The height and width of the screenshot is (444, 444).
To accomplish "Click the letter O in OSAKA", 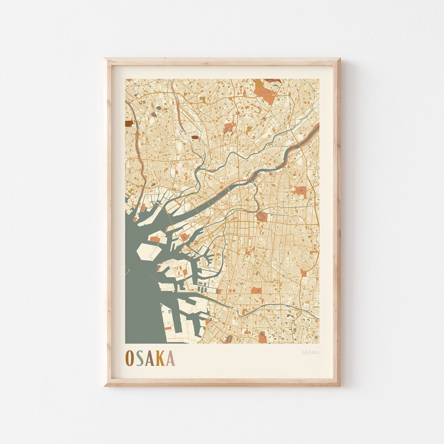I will coord(129,358).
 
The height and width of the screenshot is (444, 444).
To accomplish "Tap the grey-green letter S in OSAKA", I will coord(140,358).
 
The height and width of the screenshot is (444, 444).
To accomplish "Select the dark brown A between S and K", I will coord(150,358).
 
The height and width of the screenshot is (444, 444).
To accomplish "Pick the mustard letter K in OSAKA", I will coord(160,358).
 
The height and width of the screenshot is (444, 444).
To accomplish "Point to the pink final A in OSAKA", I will coord(170,358).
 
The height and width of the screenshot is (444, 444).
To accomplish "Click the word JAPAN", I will coord(310,352).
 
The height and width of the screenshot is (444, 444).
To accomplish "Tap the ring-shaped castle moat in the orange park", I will coord(261,215).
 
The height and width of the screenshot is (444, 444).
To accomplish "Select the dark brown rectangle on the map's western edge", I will coord(129,123).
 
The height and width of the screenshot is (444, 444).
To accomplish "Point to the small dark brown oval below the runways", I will coord(195,138).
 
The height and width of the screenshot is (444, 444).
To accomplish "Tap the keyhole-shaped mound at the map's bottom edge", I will coord(229,339).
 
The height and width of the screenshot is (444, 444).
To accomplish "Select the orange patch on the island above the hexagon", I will coord(155,239).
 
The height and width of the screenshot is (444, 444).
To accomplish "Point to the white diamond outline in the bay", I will coord(127,270).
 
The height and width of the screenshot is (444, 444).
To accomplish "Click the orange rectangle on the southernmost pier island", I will coord(168,328).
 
